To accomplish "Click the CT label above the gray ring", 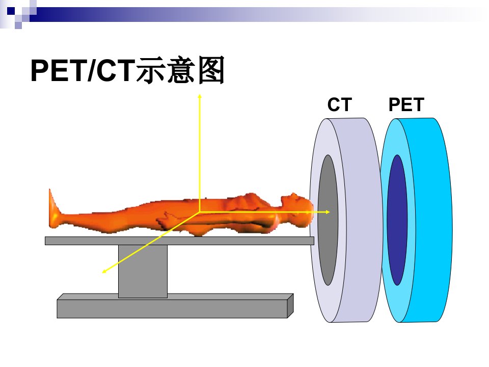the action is (340, 104).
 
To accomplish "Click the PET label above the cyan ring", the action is (406, 104).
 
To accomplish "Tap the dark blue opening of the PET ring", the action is (397, 220).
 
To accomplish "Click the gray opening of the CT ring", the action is (328, 220).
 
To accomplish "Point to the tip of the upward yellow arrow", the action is (200, 94).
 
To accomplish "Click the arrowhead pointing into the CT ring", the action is (328, 212).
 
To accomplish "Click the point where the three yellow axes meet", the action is (200, 212).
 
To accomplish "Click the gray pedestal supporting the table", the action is (143, 271).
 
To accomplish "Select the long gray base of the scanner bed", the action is (175, 306).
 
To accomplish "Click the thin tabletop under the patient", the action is (179, 241).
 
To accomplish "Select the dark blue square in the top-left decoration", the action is (11, 11).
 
